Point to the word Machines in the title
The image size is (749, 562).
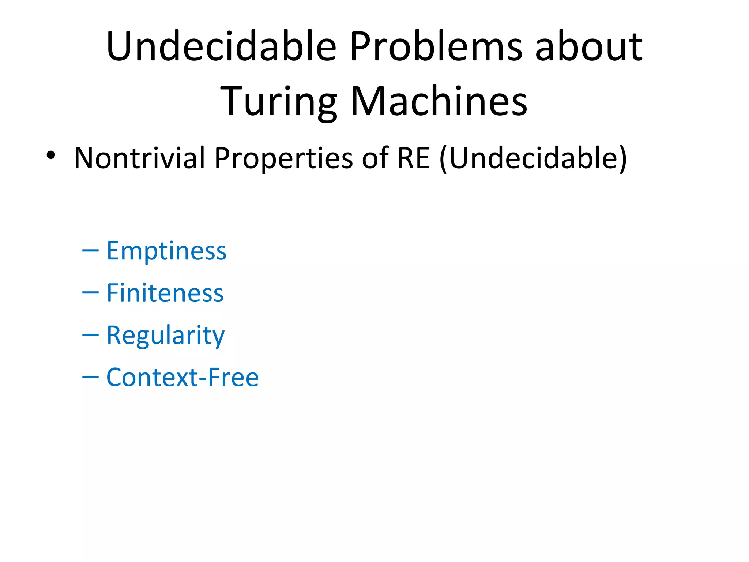[x=439, y=101]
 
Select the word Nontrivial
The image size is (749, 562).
[x=139, y=158]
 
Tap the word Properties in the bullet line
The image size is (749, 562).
[x=283, y=158]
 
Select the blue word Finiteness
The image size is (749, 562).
[x=165, y=293]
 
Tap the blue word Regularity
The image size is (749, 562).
[x=165, y=335]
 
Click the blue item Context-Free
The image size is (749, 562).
[x=182, y=377]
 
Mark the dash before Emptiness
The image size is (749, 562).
[x=90, y=251]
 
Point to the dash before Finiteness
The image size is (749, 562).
[x=90, y=293]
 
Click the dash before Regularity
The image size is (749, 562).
[x=90, y=335]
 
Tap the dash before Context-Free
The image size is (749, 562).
[x=90, y=377]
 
